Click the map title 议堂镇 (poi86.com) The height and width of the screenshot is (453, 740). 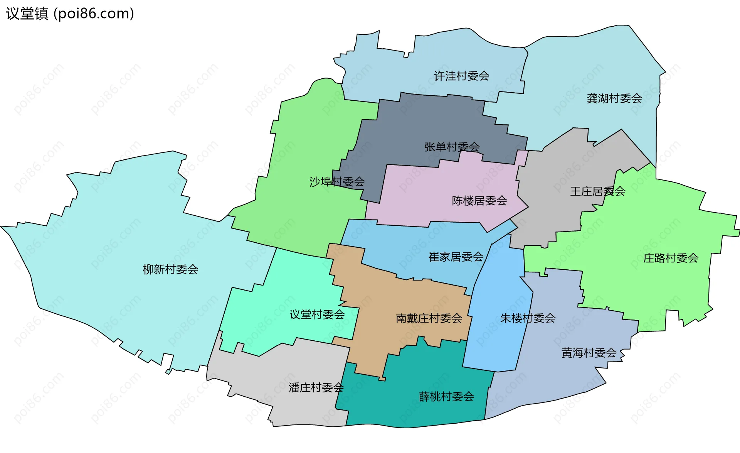pyautogui.click(x=70, y=14)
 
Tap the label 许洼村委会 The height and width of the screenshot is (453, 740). pyautogui.click(x=461, y=76)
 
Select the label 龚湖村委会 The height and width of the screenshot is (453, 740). pyautogui.click(x=614, y=98)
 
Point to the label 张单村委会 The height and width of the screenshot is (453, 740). pyautogui.click(x=452, y=147)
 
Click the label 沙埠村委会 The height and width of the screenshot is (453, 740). pyautogui.click(x=337, y=182)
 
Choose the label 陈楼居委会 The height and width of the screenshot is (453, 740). pyautogui.click(x=479, y=201)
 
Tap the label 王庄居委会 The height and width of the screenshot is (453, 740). pyautogui.click(x=597, y=191)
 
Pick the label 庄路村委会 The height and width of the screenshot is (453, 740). pyautogui.click(x=671, y=258)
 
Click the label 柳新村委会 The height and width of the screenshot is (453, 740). pyautogui.click(x=170, y=269)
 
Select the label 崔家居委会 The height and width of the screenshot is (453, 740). pyautogui.click(x=456, y=257)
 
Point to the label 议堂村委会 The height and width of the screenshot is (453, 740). pyautogui.click(x=317, y=315)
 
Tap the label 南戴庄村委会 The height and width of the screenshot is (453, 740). pyautogui.click(x=429, y=318)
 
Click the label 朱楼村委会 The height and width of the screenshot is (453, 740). pyautogui.click(x=528, y=318)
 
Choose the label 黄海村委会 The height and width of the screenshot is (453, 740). pyautogui.click(x=589, y=353)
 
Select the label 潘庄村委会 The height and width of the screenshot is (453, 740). pyautogui.click(x=316, y=388)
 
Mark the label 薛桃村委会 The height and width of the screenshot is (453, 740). pyautogui.click(x=446, y=397)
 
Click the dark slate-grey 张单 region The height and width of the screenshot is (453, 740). pyautogui.click(x=416, y=123)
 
